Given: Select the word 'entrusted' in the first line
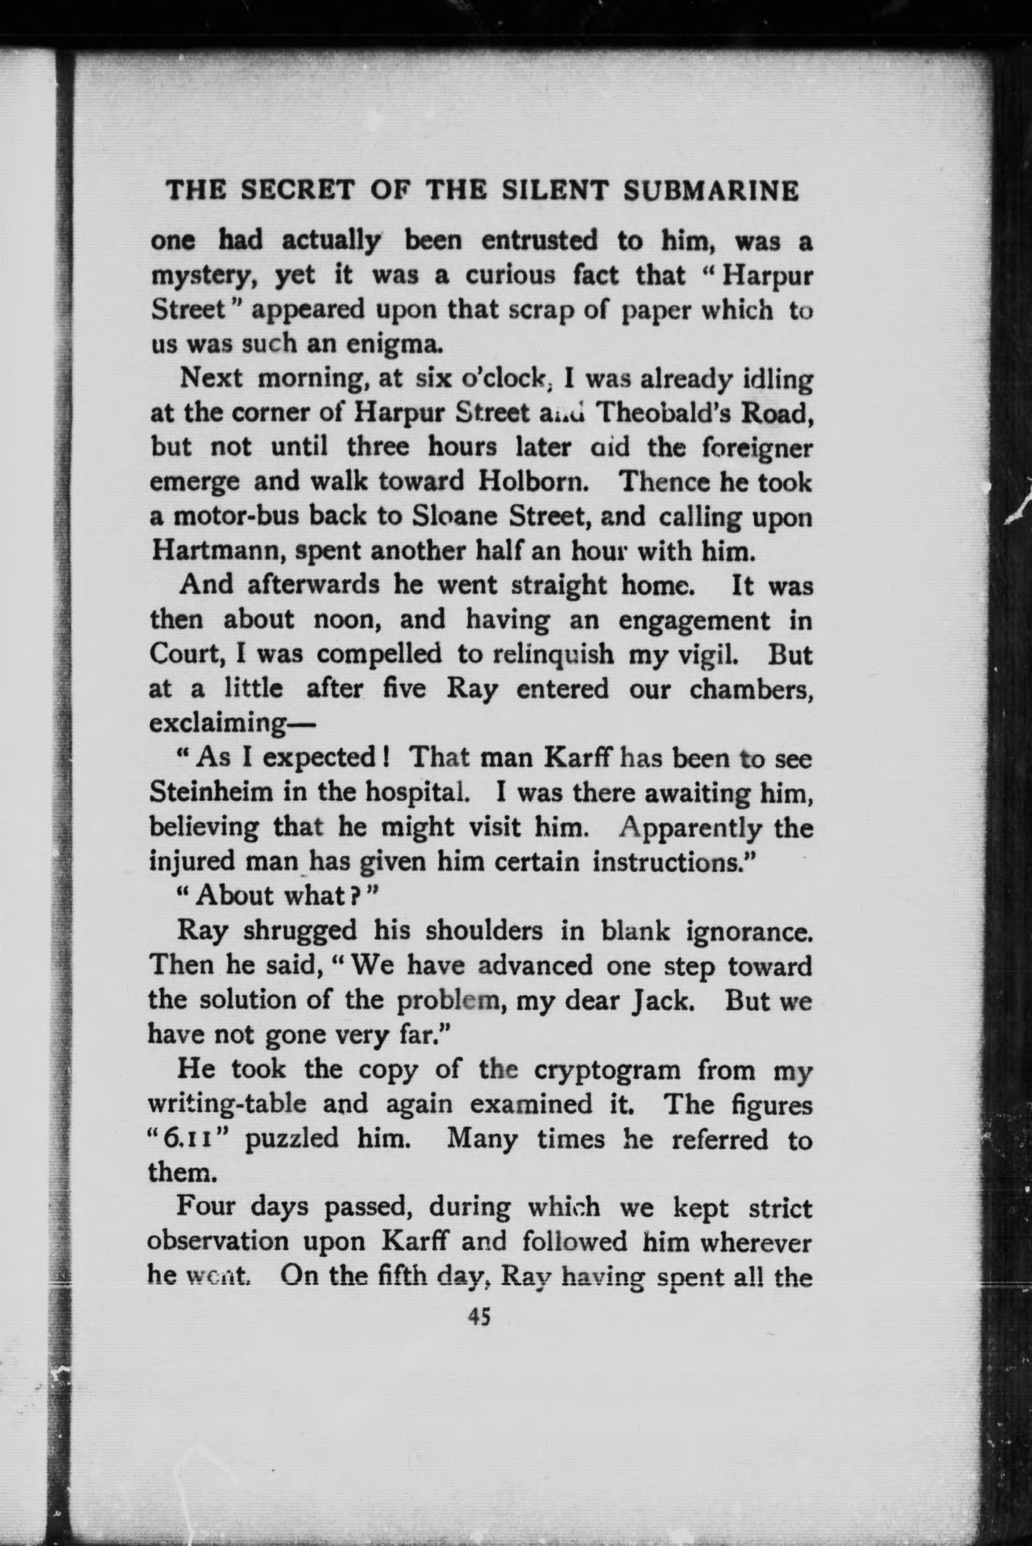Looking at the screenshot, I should coord(540,241).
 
